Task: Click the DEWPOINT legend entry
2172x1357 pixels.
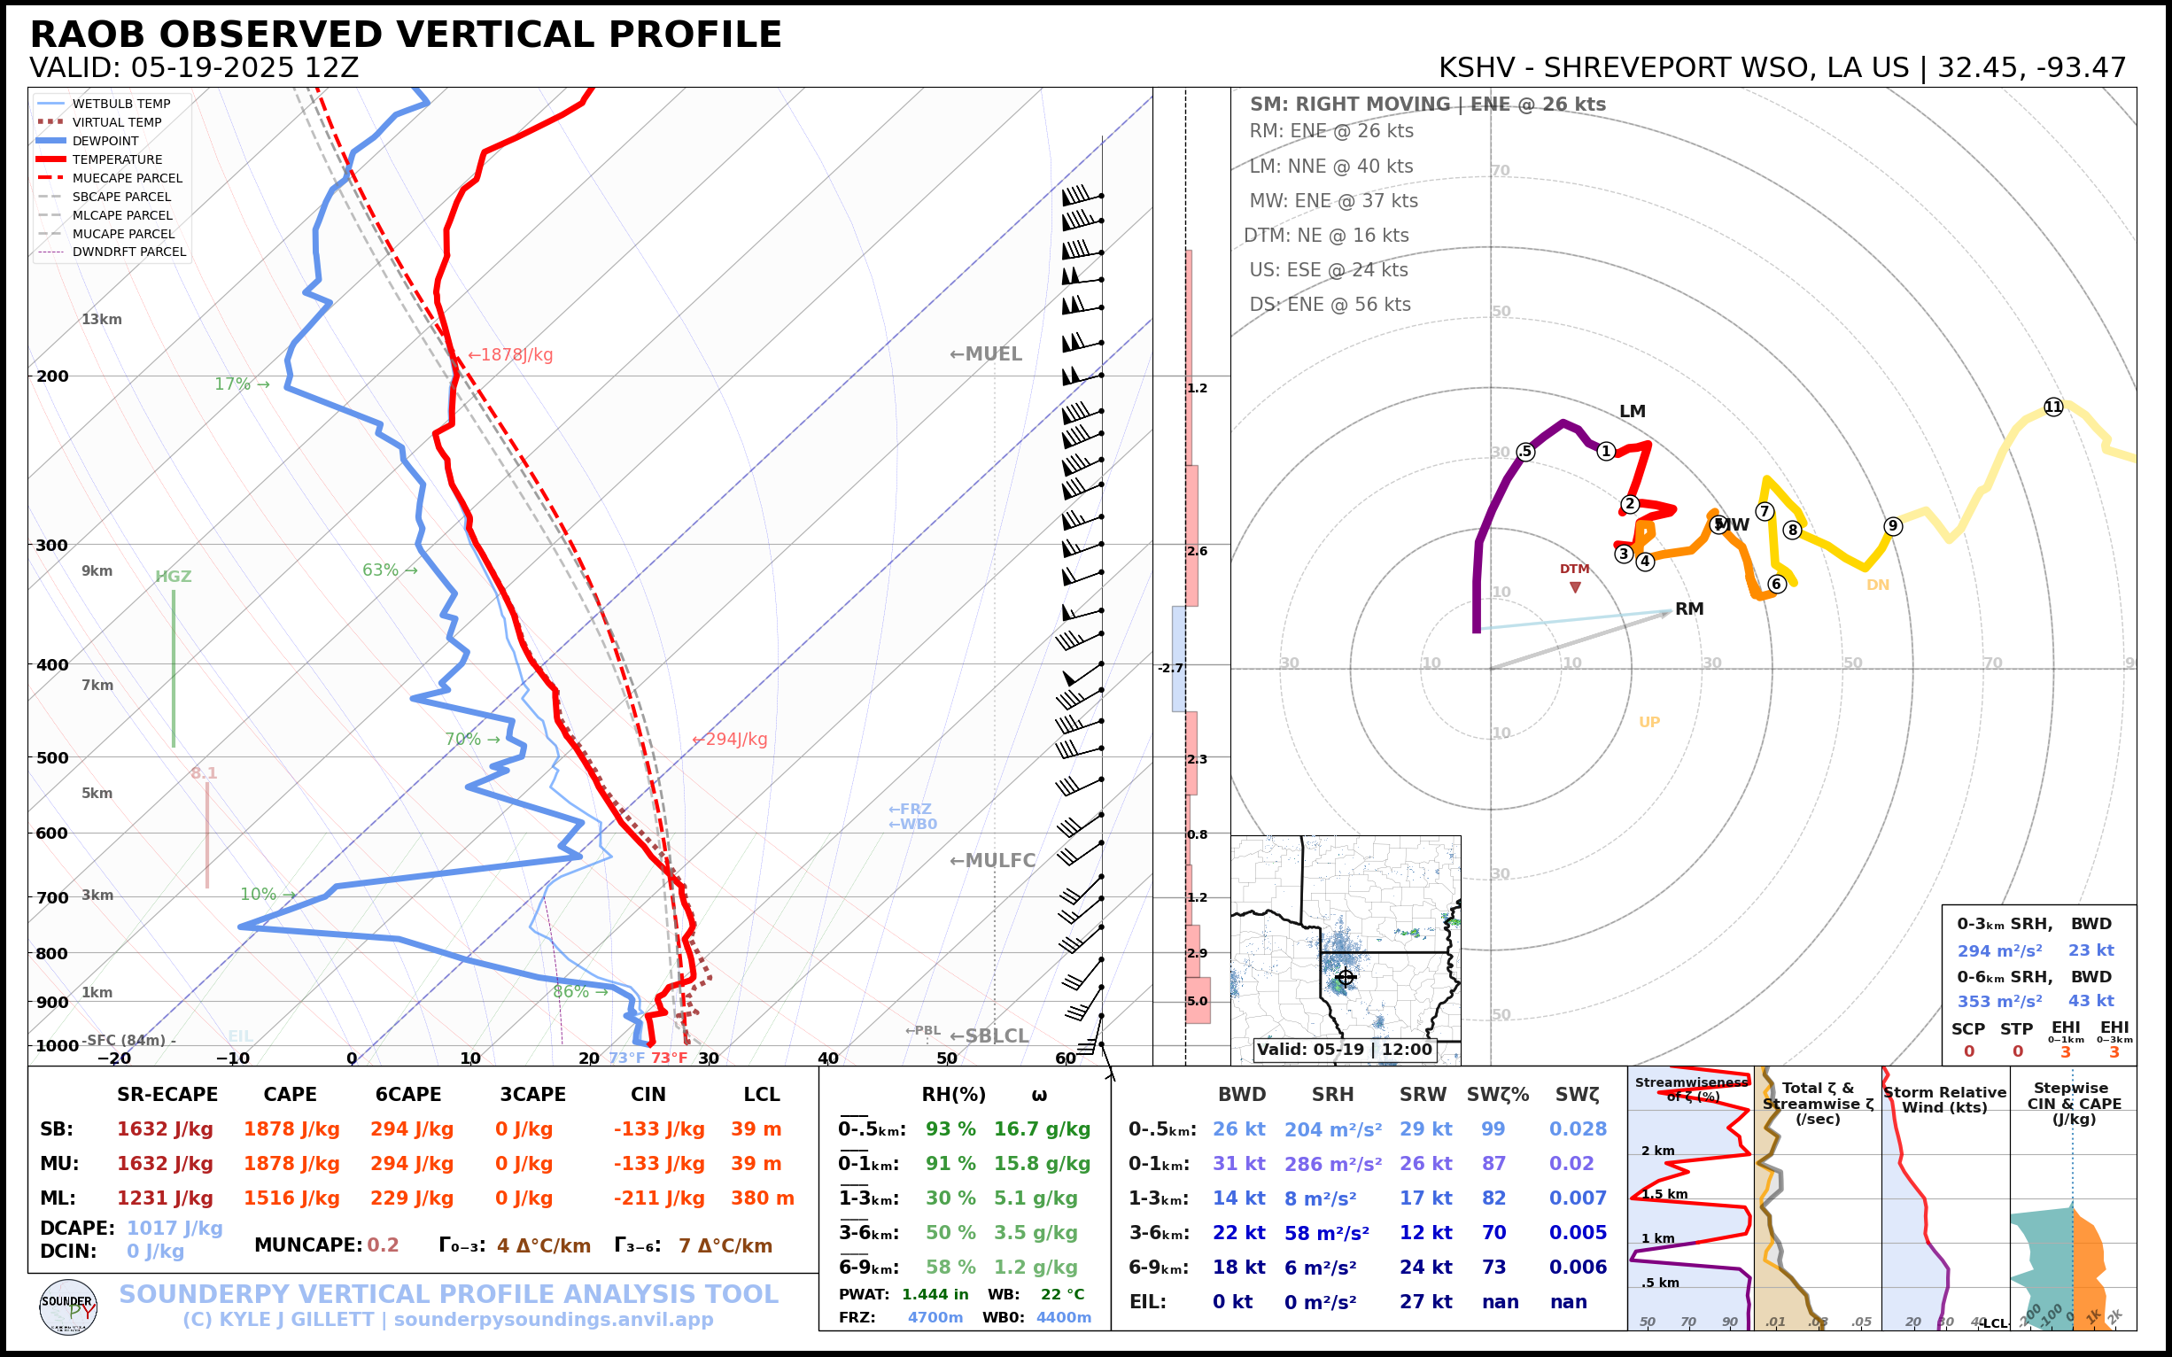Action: tap(105, 141)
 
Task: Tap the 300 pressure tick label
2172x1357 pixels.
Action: tap(52, 545)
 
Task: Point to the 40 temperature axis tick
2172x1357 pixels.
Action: tap(827, 1058)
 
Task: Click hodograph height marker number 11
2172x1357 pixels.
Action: tap(2053, 407)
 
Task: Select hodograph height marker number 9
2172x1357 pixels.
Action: tap(1893, 526)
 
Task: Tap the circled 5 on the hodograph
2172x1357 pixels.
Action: tap(1525, 452)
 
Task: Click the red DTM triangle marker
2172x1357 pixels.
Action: tap(1575, 587)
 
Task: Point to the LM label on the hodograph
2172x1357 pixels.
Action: tap(1633, 411)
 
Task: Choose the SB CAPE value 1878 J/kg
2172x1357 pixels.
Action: tap(291, 1129)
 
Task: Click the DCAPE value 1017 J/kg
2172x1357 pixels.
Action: tap(175, 1228)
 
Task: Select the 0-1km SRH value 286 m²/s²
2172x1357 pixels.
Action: tap(1333, 1164)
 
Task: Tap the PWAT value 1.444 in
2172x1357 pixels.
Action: tap(935, 1294)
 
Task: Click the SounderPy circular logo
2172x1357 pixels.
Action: tap(68, 1307)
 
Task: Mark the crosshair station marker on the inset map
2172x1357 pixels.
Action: tap(1346, 976)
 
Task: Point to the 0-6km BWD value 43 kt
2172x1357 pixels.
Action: tap(2091, 1001)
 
